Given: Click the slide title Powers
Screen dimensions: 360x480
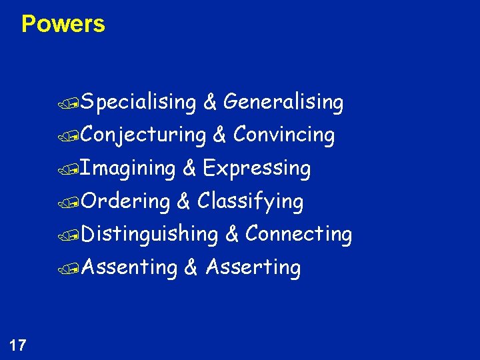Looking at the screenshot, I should pos(63,24).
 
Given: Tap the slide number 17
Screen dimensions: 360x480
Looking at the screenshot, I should pos(18,345).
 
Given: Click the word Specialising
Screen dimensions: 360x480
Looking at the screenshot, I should pos(140,103).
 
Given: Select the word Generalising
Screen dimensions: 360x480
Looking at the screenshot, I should pos(283,103).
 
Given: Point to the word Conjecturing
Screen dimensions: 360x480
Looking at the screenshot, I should pos(145,135).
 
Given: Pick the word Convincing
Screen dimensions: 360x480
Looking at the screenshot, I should pos(284,135).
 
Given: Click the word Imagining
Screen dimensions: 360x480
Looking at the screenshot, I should pos(129,169).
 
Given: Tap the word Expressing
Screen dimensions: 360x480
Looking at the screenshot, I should pos(257,169).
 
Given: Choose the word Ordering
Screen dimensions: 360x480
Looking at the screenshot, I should pos(127,201).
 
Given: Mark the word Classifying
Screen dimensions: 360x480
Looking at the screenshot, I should pos(251,201).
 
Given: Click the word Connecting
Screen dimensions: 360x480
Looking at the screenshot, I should pos(299,234).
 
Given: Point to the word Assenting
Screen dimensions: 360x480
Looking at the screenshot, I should pos(130,267).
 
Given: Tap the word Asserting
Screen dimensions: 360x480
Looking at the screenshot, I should pos(253,267).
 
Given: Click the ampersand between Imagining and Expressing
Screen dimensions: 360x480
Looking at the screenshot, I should pos(189,169).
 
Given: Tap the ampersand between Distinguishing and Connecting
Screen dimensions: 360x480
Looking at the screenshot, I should pos(232,234).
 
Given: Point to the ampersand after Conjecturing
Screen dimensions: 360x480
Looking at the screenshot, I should pos(220,135).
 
